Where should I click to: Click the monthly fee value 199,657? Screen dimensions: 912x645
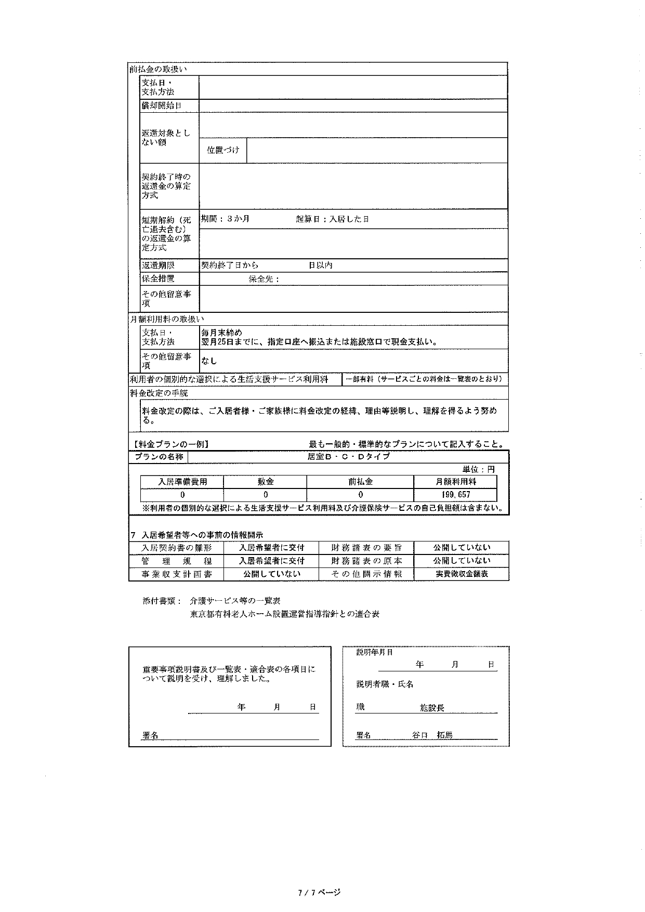click(x=456, y=495)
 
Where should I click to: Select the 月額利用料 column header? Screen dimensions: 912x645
click(x=456, y=482)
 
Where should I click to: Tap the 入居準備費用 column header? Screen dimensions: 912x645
click(x=182, y=482)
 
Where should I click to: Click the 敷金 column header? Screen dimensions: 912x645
click(x=266, y=482)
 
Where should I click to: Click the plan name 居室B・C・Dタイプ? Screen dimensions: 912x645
click(x=348, y=457)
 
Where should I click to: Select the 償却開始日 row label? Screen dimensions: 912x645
click(x=162, y=105)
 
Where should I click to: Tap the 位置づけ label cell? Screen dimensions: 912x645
click(x=223, y=150)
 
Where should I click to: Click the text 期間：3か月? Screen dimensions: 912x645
click(x=226, y=219)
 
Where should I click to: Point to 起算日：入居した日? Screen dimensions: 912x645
click(x=333, y=219)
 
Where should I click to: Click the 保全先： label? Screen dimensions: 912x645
click(x=264, y=279)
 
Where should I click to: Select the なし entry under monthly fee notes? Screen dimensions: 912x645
click(x=209, y=361)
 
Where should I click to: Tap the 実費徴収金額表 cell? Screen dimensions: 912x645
click(x=462, y=574)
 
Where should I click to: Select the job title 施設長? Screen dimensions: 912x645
click(x=432, y=708)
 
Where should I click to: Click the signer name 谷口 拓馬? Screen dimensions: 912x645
click(x=432, y=735)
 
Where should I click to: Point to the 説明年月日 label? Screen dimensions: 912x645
click(x=375, y=652)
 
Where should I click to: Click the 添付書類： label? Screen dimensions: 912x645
click(x=162, y=601)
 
